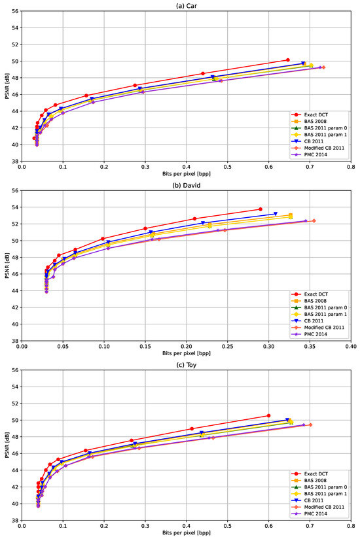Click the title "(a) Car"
click(x=187, y=6)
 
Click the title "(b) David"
click(x=187, y=185)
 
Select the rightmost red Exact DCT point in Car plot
click(x=287, y=60)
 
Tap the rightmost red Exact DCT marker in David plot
click(x=260, y=209)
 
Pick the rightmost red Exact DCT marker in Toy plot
click(x=268, y=415)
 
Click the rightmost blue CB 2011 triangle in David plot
click(x=276, y=214)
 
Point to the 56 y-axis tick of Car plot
click(x=16, y=12)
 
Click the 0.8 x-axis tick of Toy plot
click(x=351, y=526)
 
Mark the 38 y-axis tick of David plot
click(x=16, y=341)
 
